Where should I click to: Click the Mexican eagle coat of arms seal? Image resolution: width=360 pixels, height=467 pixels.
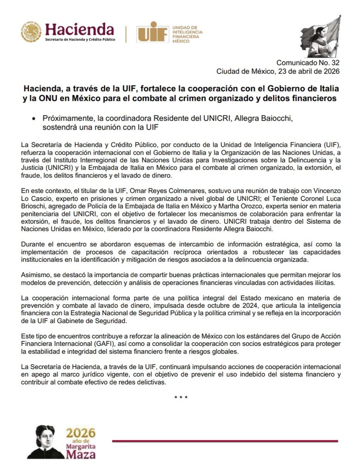[x=31, y=32]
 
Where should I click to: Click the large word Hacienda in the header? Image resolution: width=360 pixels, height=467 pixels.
[x=80, y=29]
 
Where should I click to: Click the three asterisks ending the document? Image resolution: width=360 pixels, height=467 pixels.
[x=181, y=398]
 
